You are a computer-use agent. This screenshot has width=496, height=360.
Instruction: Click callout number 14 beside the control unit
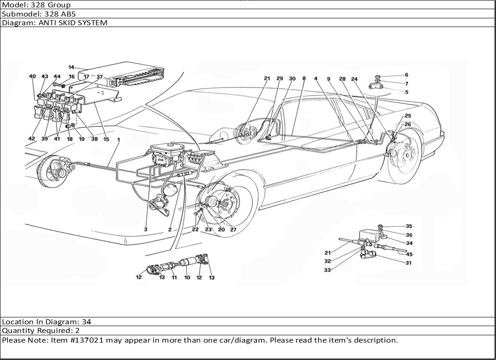pos(71,67)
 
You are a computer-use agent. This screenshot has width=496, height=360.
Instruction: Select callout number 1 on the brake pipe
pos(118,139)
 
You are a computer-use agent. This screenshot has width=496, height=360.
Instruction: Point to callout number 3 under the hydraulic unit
pos(145,229)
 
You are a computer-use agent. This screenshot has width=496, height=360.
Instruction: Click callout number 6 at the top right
pos(406,92)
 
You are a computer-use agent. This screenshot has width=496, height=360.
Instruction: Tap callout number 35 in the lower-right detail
pos(409,226)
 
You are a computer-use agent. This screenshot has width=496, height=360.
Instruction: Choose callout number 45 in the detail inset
pos(409,254)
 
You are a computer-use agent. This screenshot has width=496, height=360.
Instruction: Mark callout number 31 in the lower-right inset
pos(408,263)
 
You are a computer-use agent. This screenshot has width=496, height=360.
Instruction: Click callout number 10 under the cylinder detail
pos(187,278)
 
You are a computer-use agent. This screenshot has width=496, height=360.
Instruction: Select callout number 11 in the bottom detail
pos(174,278)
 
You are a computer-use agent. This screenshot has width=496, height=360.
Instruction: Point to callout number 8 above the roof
pos(304,79)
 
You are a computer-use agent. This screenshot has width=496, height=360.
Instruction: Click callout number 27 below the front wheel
pos(233,229)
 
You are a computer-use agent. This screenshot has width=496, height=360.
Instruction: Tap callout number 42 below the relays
pos(32,139)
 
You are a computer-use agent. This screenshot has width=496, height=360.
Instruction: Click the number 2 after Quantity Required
pos(77,331)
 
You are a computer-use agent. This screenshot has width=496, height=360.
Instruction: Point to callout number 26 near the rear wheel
pos(408,124)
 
